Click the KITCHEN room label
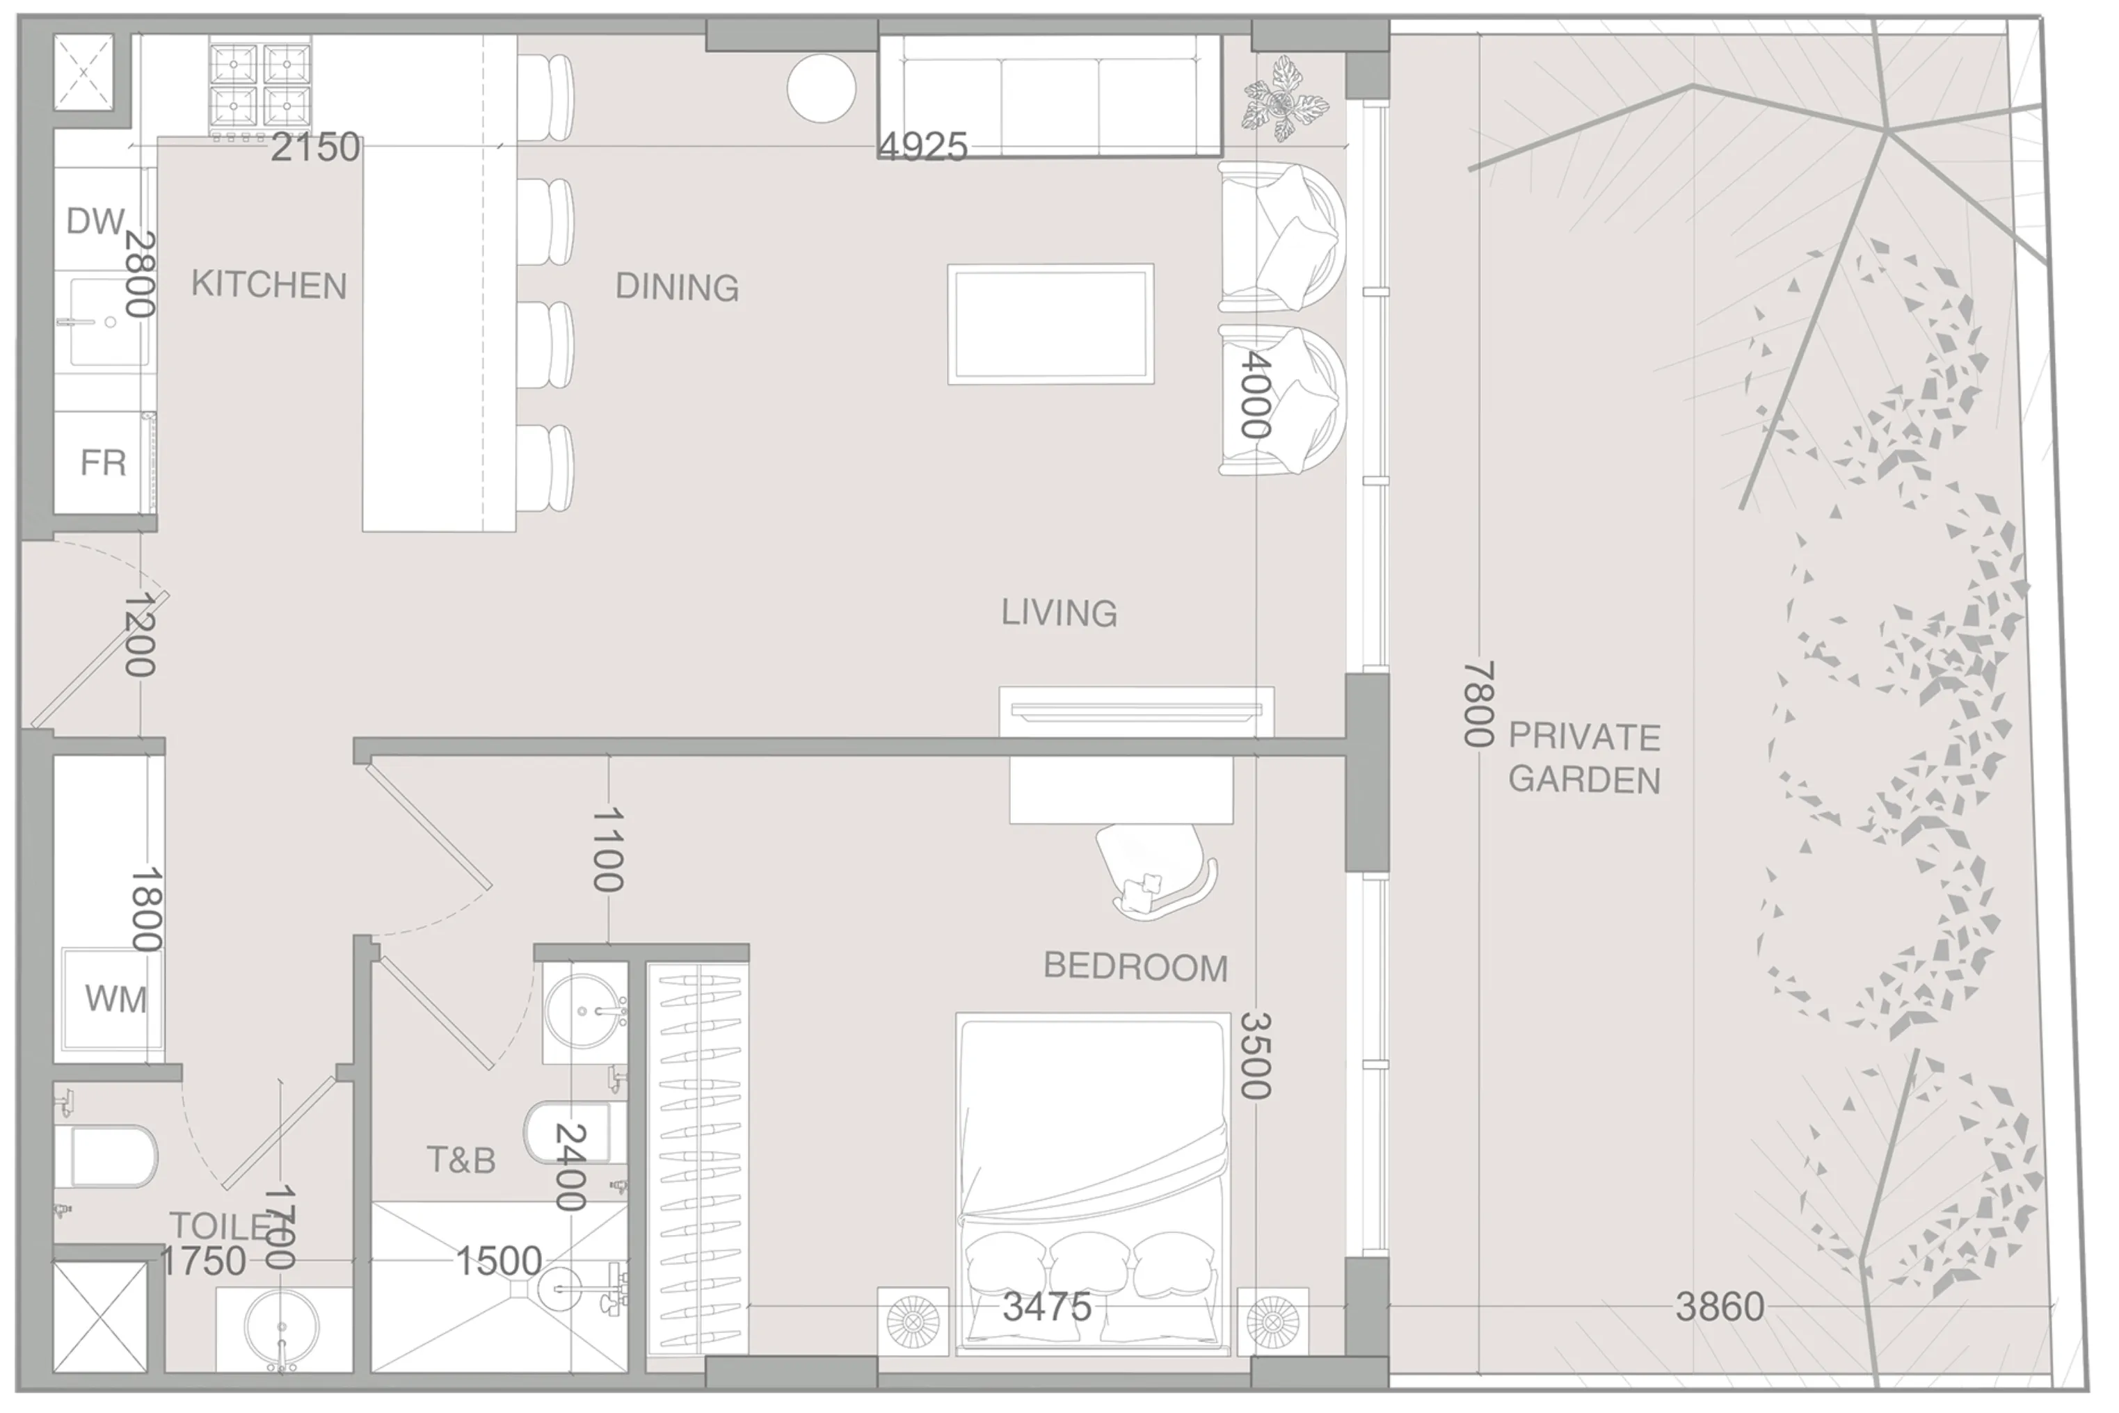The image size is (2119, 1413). click(269, 285)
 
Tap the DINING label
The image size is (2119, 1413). click(677, 287)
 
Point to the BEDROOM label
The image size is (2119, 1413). click(1135, 967)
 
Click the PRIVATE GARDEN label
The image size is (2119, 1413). click(1583, 758)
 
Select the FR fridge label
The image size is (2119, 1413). click(103, 463)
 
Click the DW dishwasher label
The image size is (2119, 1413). click(95, 221)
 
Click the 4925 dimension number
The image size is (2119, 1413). click(923, 147)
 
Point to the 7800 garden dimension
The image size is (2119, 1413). click(1478, 704)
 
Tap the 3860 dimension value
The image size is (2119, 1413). click(1719, 1307)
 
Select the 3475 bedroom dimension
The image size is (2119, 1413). click(1046, 1307)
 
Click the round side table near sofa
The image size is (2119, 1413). click(821, 88)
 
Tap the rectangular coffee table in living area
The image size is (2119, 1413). click(1050, 325)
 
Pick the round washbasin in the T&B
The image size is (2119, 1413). click(583, 1010)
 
